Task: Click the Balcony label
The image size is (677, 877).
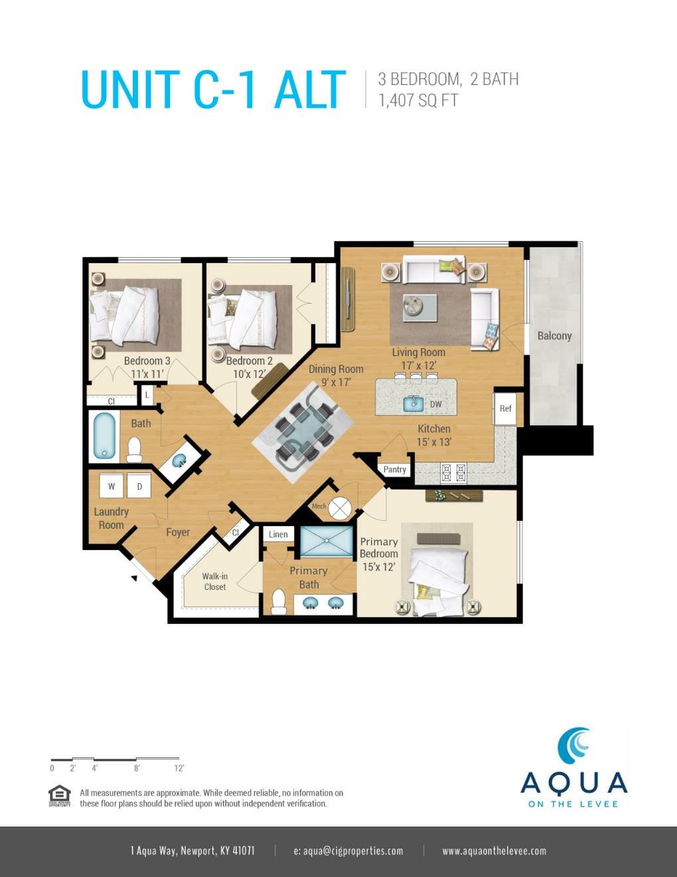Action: tap(554, 336)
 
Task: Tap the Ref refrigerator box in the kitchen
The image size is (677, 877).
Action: tap(505, 409)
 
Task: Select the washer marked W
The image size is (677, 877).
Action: tap(112, 486)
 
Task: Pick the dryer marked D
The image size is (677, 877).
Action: tap(139, 486)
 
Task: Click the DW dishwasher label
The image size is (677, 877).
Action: tap(435, 404)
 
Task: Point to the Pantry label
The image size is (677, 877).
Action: tap(394, 470)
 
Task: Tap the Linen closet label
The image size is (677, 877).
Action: tap(278, 534)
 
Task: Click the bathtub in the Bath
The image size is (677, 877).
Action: tap(104, 437)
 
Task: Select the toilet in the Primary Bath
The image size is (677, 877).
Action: tap(278, 601)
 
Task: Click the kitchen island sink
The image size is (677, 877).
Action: tap(413, 403)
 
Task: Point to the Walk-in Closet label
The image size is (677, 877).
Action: tap(215, 581)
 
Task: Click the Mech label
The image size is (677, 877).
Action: tap(319, 506)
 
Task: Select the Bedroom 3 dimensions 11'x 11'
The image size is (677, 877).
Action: tap(147, 374)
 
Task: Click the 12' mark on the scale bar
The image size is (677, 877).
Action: tap(179, 768)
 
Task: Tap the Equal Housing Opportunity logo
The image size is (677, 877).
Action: tap(60, 795)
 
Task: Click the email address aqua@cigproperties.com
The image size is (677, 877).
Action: tap(348, 851)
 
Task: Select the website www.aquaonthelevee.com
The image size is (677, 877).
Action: tap(494, 851)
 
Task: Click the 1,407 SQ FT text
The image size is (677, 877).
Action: tap(418, 100)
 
